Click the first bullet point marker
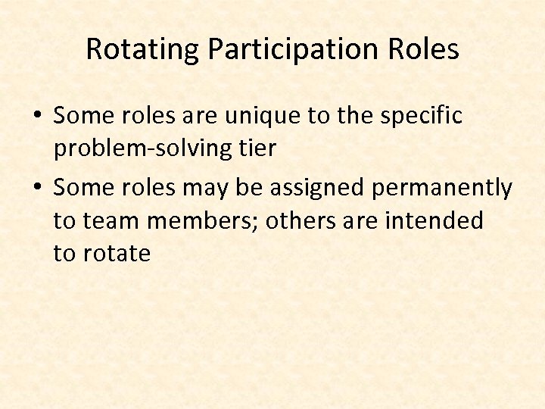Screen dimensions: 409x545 pos(37,117)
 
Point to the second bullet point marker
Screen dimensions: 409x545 pos(37,187)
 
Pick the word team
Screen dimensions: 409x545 pos(107,221)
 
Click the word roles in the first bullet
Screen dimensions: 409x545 pos(145,117)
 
